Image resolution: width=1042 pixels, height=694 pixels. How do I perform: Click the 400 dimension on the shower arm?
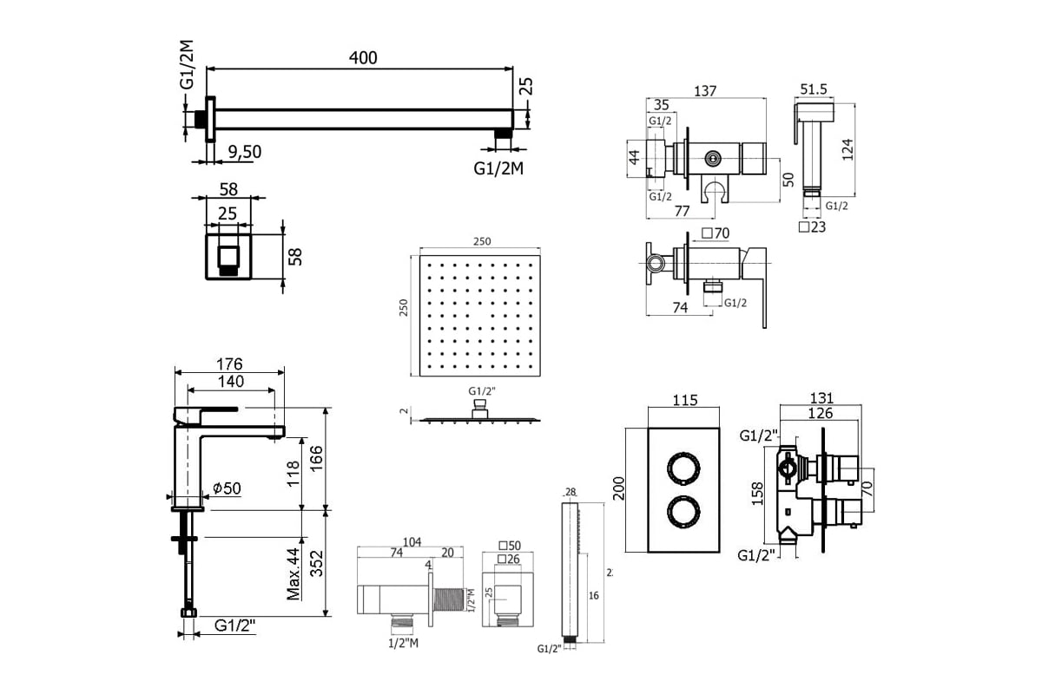click(363, 58)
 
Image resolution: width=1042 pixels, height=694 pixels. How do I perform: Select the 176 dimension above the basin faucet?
click(229, 363)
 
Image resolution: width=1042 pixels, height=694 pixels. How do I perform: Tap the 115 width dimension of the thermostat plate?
click(685, 402)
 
